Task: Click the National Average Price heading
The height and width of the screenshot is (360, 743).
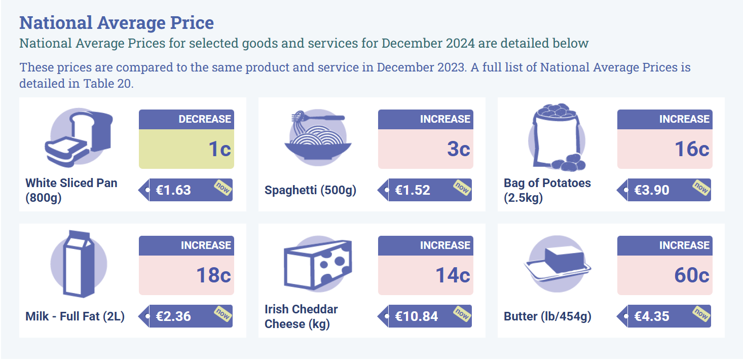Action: (x=117, y=23)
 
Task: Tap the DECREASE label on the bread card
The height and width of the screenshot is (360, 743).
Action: (x=205, y=119)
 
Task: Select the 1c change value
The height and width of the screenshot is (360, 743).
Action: (x=219, y=149)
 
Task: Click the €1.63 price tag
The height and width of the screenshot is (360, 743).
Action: (x=185, y=190)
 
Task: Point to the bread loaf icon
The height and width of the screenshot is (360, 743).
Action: (x=79, y=137)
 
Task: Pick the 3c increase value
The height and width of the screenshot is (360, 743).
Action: (x=458, y=149)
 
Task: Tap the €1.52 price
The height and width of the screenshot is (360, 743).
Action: (x=412, y=190)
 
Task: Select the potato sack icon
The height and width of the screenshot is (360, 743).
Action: (x=557, y=137)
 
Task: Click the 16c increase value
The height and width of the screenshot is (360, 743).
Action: (x=692, y=149)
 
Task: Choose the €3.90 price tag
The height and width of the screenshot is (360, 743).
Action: (x=664, y=190)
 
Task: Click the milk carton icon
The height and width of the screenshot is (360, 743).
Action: (x=79, y=264)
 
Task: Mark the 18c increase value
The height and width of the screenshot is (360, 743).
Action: (x=213, y=275)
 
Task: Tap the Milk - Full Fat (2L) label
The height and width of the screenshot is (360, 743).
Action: (x=75, y=316)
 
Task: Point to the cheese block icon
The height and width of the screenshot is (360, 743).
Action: (x=318, y=264)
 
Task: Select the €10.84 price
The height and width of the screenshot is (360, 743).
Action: (x=416, y=316)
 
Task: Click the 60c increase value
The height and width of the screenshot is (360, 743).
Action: (x=692, y=275)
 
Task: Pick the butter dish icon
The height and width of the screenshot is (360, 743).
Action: (x=558, y=264)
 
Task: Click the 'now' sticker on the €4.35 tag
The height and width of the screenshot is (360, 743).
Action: (x=701, y=314)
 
